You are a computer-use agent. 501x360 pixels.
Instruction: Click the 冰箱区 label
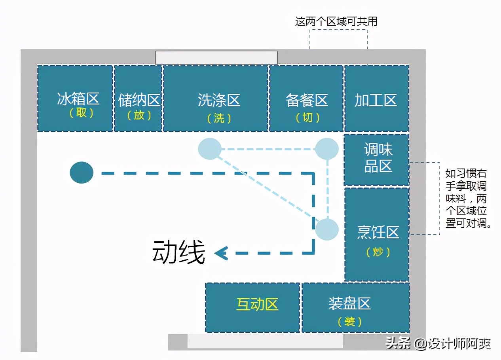(78, 99)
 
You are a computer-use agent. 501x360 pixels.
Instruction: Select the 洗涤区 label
(219, 100)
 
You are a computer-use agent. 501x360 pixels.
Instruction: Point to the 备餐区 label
(306, 100)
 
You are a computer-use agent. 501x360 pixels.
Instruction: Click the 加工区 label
(376, 100)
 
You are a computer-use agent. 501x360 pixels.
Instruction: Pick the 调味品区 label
(378, 157)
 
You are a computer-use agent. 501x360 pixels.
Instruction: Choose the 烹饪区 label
(378, 232)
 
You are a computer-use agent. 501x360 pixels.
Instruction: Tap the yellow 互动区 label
(257, 304)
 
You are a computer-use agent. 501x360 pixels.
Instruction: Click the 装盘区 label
(349, 303)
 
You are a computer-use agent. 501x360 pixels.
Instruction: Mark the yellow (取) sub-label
(82, 113)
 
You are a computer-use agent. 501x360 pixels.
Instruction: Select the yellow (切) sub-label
(308, 117)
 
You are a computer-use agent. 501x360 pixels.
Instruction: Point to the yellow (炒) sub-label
(378, 252)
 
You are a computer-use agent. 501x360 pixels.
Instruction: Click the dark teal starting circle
(82, 172)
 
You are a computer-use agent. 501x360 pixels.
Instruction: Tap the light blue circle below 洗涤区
(210, 149)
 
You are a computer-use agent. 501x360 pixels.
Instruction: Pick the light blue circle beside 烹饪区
(327, 229)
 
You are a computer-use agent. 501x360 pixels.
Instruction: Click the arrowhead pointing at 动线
(221, 253)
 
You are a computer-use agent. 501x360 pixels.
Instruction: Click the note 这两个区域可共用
(336, 21)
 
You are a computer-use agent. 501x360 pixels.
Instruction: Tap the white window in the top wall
(216, 57)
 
